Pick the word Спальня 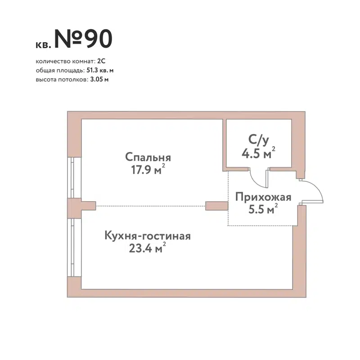[148, 158]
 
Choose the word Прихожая [263, 197]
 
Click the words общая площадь [59, 70]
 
